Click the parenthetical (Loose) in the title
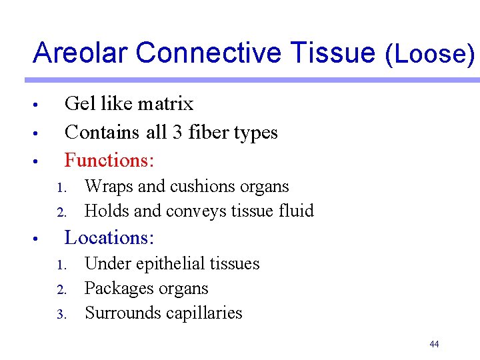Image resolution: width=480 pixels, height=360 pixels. point(431,54)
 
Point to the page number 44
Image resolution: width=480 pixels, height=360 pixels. point(434,344)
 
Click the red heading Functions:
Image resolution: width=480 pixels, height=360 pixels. point(109,160)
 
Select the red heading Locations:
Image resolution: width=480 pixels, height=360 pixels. point(109,237)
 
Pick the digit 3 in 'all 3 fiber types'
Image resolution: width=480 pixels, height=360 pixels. point(177,133)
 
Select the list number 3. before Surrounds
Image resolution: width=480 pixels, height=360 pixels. point(62,314)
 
